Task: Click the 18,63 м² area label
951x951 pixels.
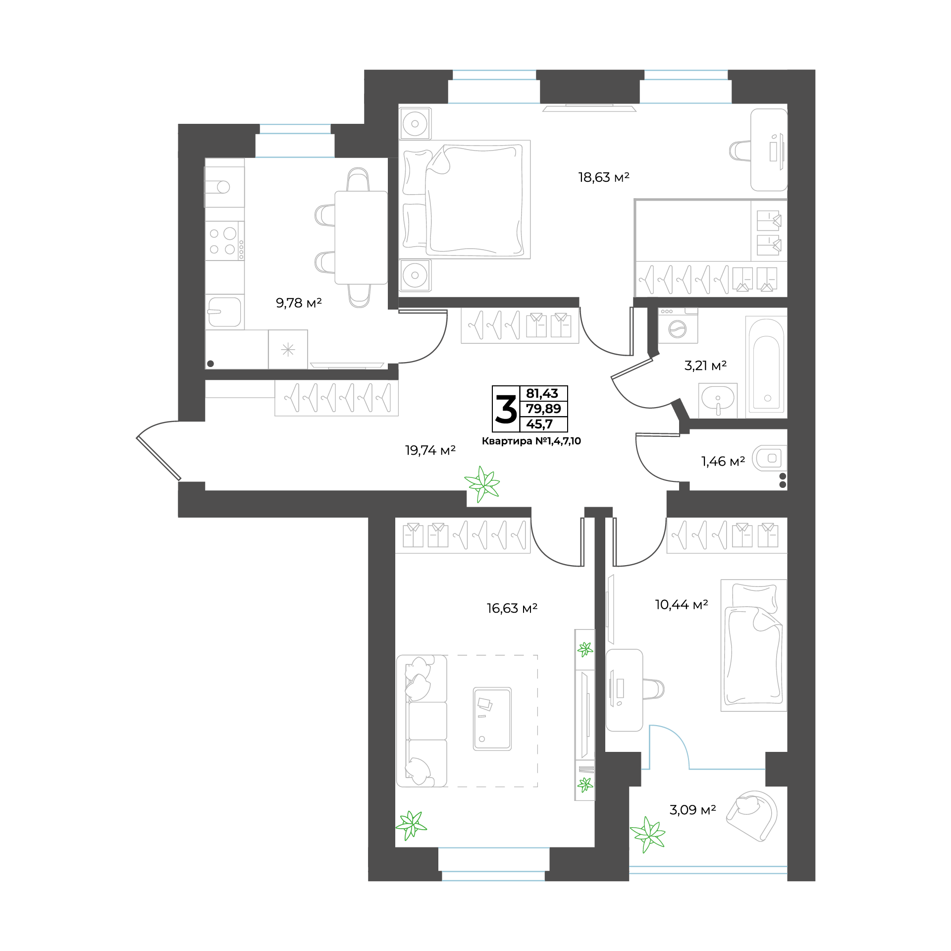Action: pos(603,177)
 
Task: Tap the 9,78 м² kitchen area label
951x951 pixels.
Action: pos(299,303)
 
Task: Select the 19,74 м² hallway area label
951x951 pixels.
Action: pos(430,450)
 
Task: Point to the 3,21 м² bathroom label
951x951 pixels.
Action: pos(705,366)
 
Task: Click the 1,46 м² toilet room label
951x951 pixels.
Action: pos(723,462)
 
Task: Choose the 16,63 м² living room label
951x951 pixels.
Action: pos(512,608)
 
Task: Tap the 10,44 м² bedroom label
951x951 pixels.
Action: pos(681,605)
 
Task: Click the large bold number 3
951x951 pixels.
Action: pos(506,409)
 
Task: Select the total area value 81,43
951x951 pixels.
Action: pos(542,393)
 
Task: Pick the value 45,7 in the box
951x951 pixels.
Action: pos(539,424)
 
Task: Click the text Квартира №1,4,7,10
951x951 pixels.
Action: pos(531,441)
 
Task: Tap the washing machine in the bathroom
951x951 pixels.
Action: pos(678,325)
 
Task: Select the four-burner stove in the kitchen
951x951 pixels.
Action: pos(225,241)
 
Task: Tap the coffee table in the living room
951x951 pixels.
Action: pos(492,719)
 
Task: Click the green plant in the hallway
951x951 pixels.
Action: pos(482,484)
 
